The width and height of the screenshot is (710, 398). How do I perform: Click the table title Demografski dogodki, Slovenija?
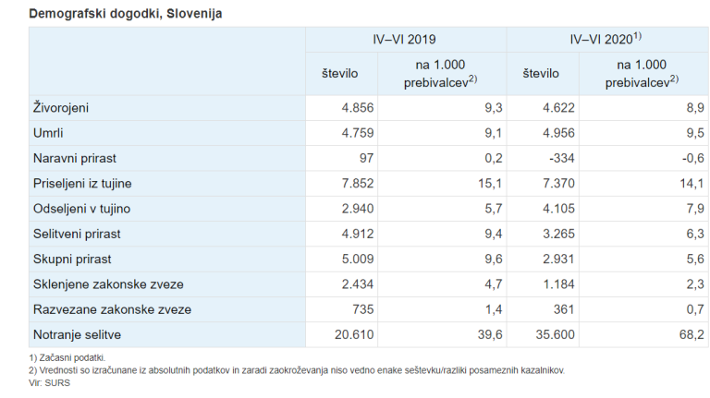click(126, 14)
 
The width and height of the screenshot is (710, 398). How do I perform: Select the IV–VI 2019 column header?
click(406, 40)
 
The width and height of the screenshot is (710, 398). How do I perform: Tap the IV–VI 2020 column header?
click(606, 40)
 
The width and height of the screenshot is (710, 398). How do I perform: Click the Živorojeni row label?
click(61, 108)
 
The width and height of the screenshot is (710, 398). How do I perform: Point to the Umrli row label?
click(48, 133)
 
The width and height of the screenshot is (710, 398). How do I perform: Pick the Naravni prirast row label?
click(74, 159)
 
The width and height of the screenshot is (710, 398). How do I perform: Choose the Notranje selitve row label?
click(77, 334)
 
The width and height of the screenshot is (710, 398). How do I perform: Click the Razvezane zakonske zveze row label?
click(112, 309)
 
